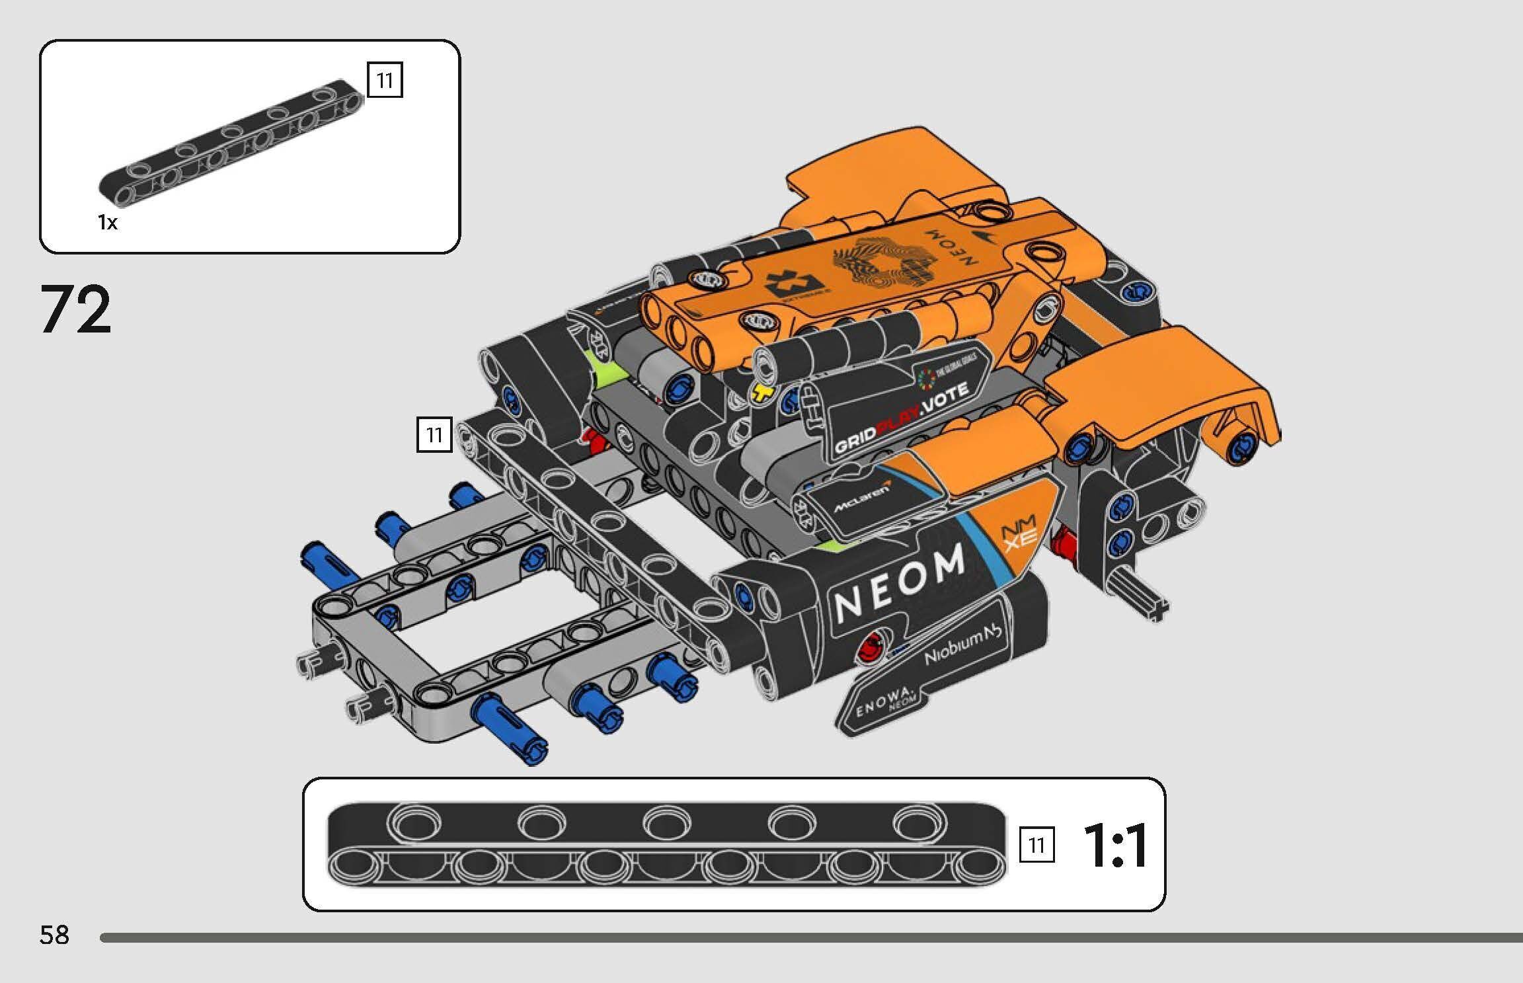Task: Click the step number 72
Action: pyautogui.click(x=76, y=309)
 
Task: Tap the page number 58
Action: pyautogui.click(x=54, y=935)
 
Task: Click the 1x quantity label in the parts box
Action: pyautogui.click(x=107, y=223)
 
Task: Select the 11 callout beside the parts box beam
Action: pyautogui.click(x=385, y=81)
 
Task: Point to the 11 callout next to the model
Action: pyautogui.click(x=434, y=434)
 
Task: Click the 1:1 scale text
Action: pyautogui.click(x=1115, y=846)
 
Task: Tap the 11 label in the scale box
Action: pyautogui.click(x=1036, y=845)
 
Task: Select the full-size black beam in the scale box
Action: pyautogui.click(x=666, y=844)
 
